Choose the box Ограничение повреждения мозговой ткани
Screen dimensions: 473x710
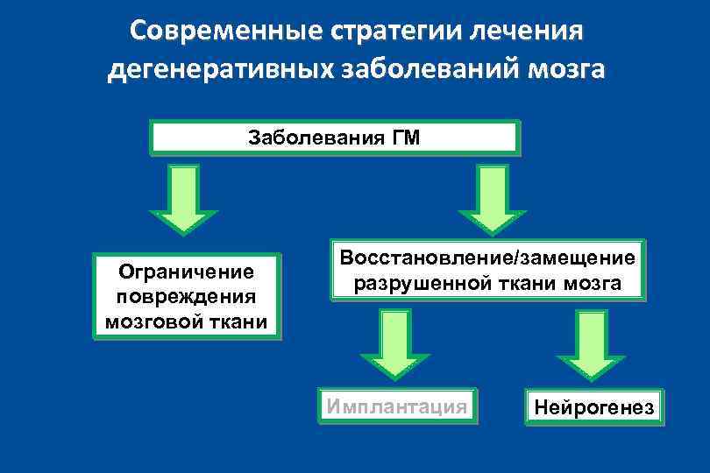click(x=187, y=297)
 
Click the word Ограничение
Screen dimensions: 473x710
click(x=187, y=273)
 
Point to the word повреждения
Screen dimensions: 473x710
click(x=187, y=297)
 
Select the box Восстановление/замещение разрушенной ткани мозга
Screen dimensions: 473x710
click(x=486, y=271)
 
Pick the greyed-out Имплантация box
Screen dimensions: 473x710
click(x=396, y=406)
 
